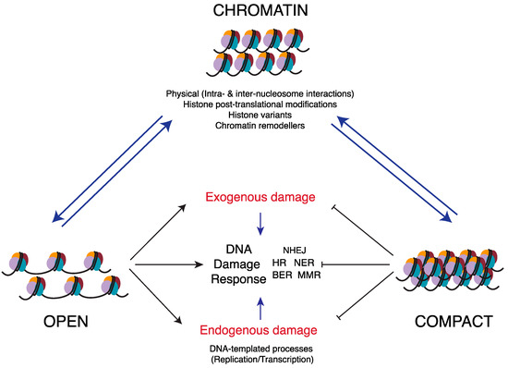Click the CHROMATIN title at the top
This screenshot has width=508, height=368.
point(253,12)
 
